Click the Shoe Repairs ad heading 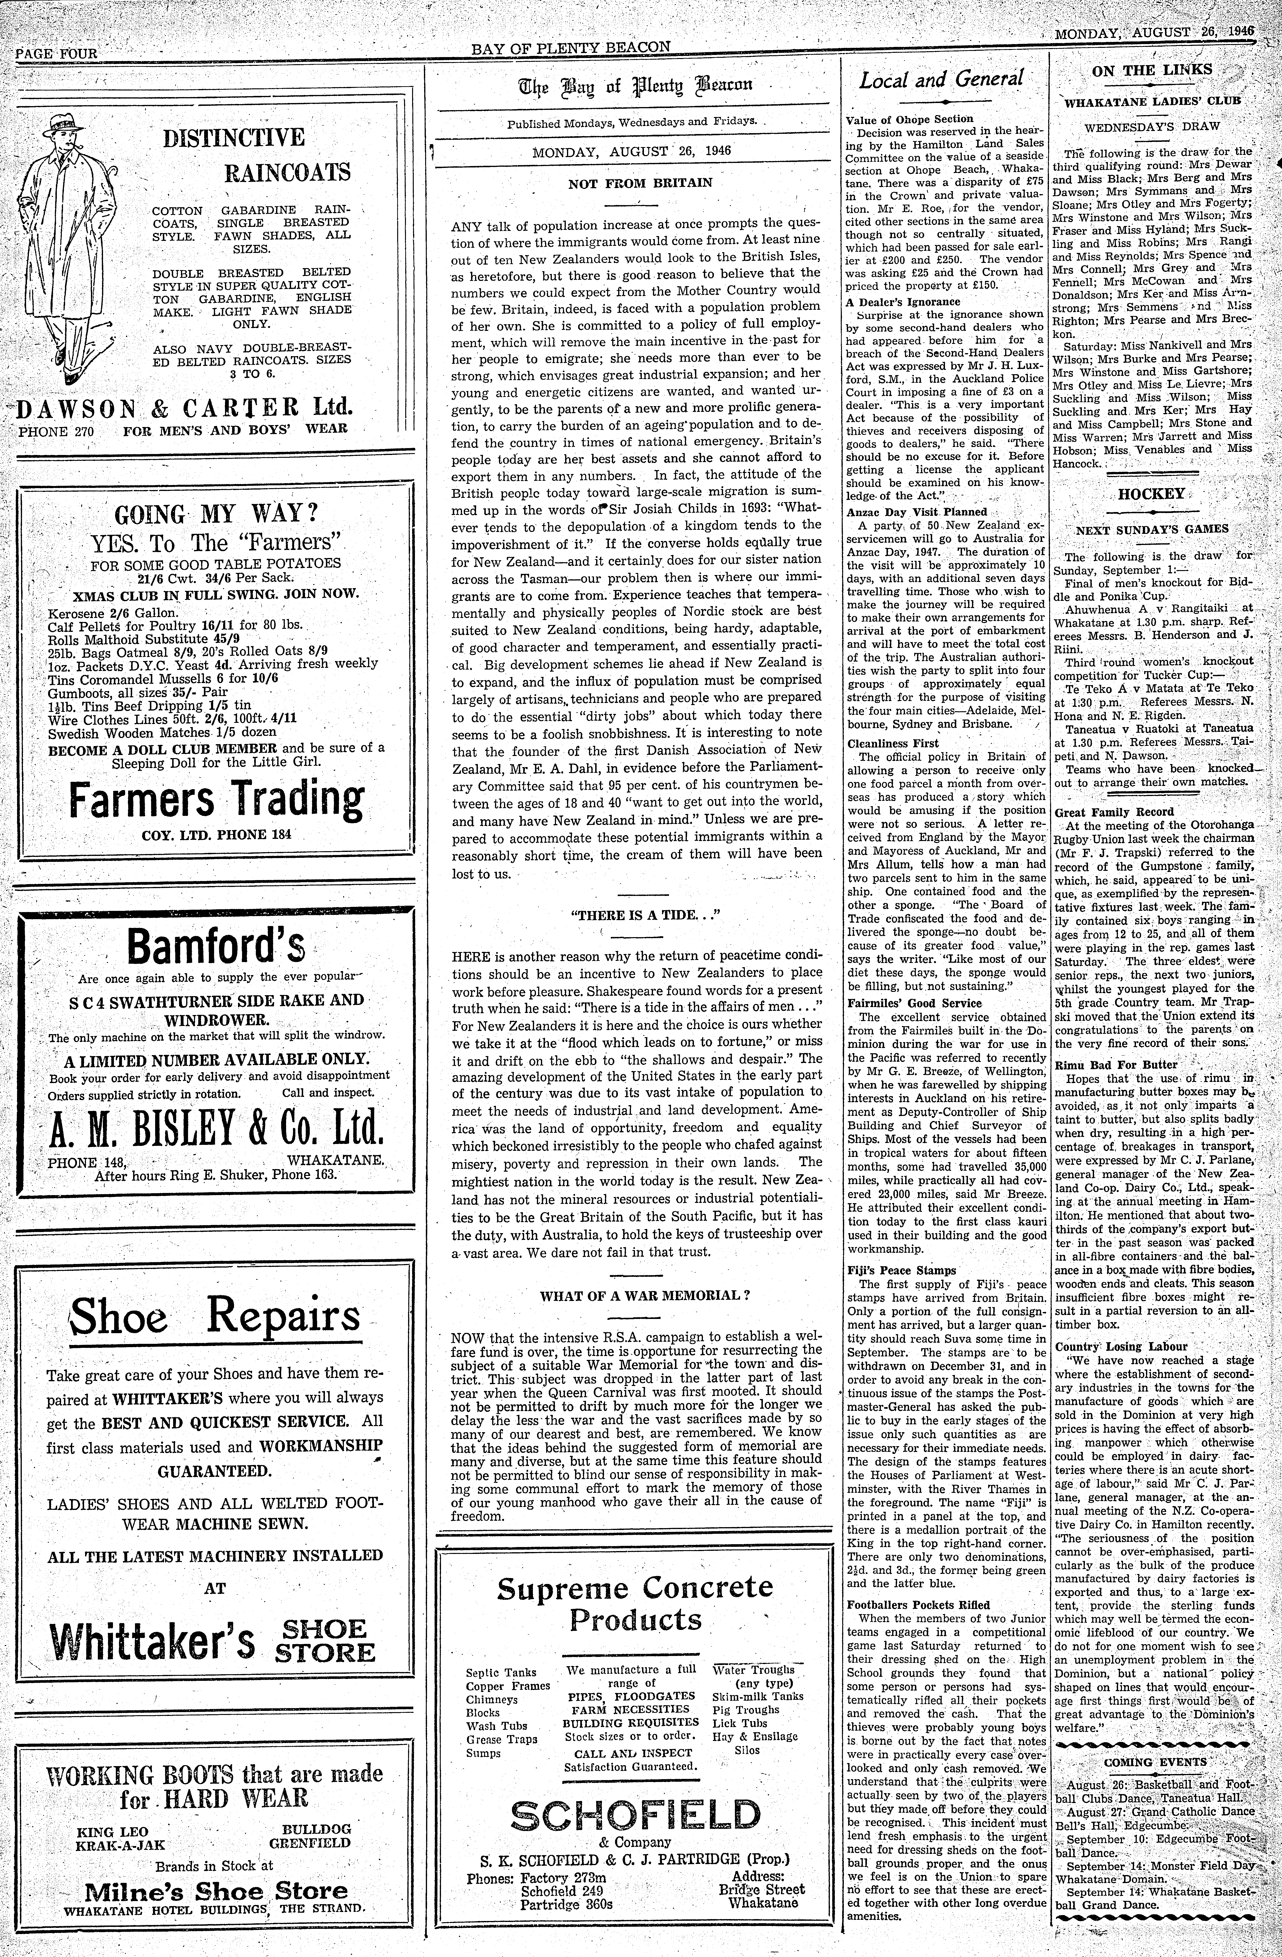[x=216, y=1316]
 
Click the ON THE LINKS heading [x=1151, y=71]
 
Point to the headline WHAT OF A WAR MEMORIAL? [x=645, y=1296]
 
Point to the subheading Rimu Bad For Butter [x=1104, y=1065]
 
